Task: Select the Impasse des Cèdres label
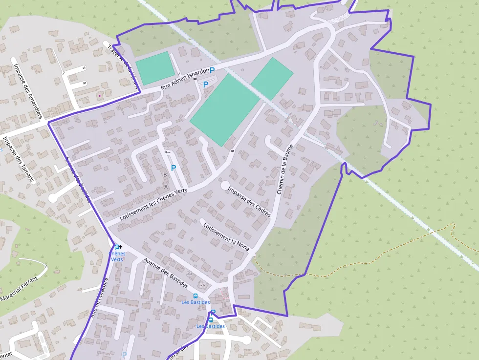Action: pos(249,201)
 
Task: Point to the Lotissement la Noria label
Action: pos(225,237)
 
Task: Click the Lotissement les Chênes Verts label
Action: pos(153,204)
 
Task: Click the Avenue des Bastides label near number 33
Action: pos(166,272)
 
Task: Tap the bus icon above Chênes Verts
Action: pos(116,247)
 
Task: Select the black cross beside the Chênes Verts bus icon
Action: pos(121,247)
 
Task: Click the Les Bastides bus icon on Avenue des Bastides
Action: pos(196,296)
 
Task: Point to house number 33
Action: pos(190,273)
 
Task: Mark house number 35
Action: pos(203,285)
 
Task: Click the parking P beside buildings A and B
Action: pos(173,168)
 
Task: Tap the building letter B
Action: pos(165,174)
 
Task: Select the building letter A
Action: pos(166,187)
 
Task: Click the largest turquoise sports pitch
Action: pos(224,110)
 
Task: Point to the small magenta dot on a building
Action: pos(99,96)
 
